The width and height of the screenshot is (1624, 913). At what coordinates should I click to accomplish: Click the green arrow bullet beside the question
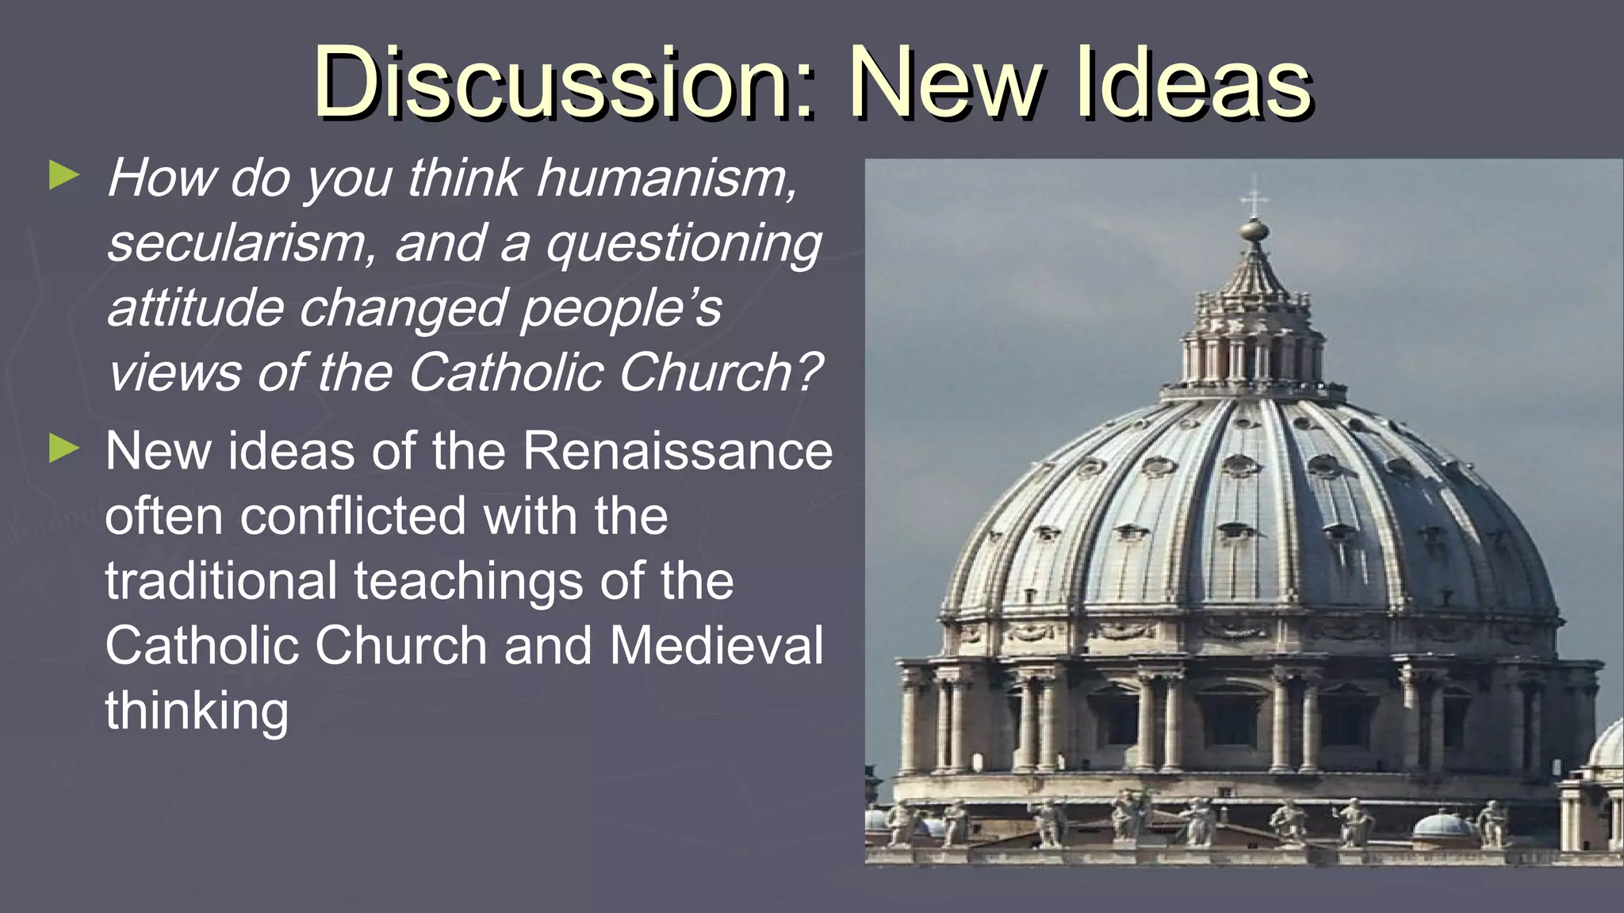[64, 175]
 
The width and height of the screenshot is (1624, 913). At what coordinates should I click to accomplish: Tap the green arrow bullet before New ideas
[64, 449]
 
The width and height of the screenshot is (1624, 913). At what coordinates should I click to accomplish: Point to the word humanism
[666, 178]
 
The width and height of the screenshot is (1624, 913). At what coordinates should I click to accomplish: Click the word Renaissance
[677, 451]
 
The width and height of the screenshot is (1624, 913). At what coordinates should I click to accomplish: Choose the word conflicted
[353, 516]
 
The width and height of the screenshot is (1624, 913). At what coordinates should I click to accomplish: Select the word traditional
[221, 581]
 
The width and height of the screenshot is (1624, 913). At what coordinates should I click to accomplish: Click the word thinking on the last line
[197, 711]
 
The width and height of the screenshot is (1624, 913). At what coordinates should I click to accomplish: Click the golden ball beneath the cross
[1254, 231]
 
